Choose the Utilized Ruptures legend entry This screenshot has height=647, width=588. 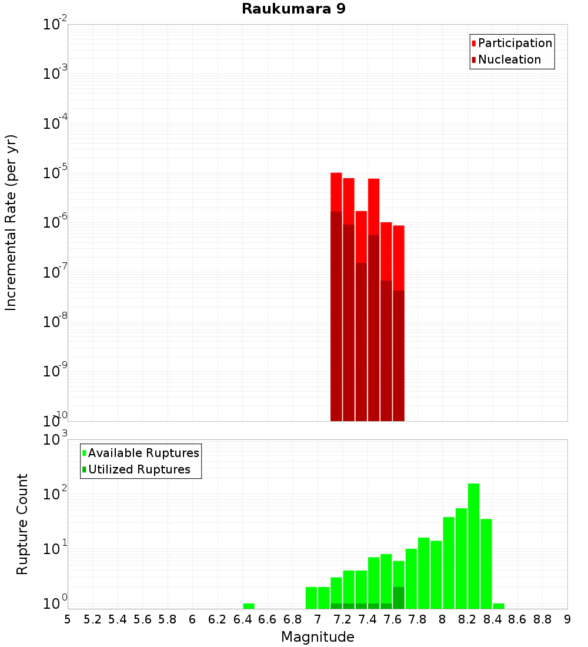[139, 469]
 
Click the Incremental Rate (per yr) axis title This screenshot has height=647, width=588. [11, 223]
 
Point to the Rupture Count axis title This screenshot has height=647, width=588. [22, 523]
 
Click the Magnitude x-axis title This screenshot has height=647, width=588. [318, 637]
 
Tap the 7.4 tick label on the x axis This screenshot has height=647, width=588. [367, 619]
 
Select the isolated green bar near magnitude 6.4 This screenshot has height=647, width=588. [249, 606]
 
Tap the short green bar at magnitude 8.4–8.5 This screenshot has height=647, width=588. [499, 606]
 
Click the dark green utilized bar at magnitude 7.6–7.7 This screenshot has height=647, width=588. [399, 598]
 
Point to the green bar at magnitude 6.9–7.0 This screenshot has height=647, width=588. [311, 598]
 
